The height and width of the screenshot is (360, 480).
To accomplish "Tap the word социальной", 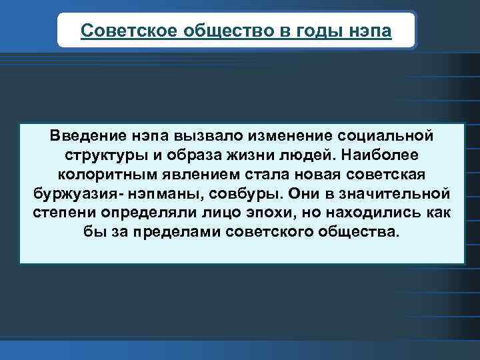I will pyautogui.click(x=387, y=135).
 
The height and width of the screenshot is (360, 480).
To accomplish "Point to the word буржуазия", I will pyautogui.click(x=71, y=194).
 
